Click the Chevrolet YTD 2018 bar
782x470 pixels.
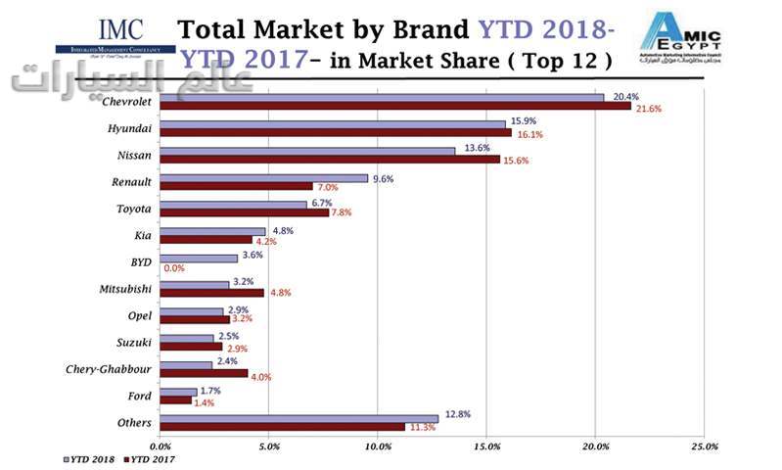point(382,98)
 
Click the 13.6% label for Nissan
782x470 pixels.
point(478,148)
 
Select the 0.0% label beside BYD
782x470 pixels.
point(174,267)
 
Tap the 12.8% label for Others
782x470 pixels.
point(457,414)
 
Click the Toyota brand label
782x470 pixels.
point(132,209)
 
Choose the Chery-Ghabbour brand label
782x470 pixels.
point(108,368)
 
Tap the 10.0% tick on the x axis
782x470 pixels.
point(378,446)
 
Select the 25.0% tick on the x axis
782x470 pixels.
point(705,446)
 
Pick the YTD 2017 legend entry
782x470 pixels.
point(154,457)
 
